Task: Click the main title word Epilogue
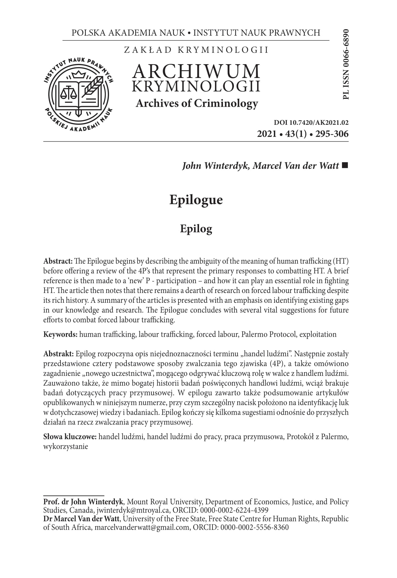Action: click(x=196, y=200)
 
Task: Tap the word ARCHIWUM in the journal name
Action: click(x=196, y=71)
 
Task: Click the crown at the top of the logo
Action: click(x=79, y=74)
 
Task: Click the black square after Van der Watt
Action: click(x=345, y=166)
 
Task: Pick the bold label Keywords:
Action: click(x=60, y=334)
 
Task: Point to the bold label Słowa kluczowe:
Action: click(x=70, y=437)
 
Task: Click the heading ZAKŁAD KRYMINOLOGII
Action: click(x=196, y=50)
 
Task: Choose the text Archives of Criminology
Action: click(x=197, y=104)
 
